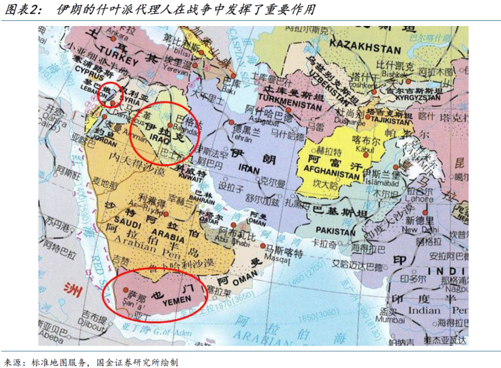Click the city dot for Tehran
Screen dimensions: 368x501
[x=231, y=123]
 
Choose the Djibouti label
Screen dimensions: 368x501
[x=93, y=327]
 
